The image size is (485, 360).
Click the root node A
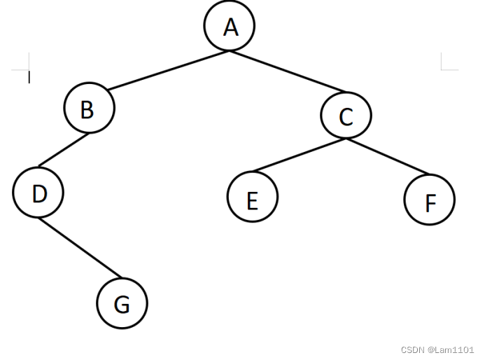[230, 27]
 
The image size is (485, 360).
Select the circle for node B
[88, 109]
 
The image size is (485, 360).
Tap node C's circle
[346, 116]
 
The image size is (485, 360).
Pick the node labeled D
[38, 193]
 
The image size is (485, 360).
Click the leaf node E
[252, 198]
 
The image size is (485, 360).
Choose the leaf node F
[429, 201]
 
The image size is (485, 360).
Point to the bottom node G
[122, 303]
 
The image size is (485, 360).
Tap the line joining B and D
[64, 151]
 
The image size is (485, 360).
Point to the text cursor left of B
[29, 77]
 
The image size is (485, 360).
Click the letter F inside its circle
[430, 203]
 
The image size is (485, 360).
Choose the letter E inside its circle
[252, 200]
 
